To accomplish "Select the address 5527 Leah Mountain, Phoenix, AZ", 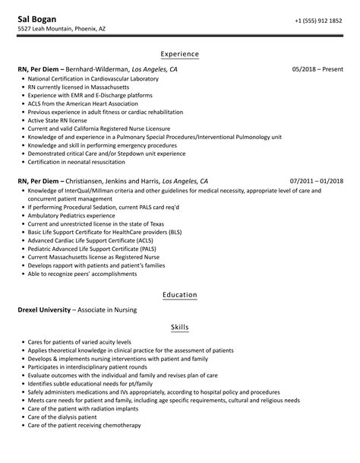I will [x=62, y=30].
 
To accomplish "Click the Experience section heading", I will [x=179, y=54].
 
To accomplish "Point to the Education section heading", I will [x=179, y=294].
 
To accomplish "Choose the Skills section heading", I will [x=179, y=328].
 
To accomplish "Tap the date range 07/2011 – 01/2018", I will [x=316, y=182].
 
